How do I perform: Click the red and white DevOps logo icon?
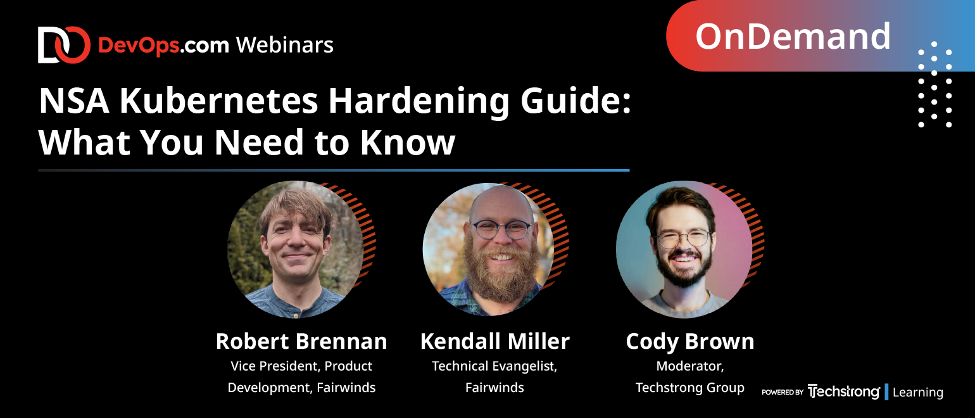[64, 45]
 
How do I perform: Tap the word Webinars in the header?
[285, 45]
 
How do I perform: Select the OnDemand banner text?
[793, 36]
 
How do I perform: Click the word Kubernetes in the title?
[219, 101]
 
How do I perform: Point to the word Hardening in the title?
[418, 102]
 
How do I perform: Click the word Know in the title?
[408, 142]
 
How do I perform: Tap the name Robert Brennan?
[301, 341]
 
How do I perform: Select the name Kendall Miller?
[495, 341]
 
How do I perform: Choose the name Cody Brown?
[690, 342]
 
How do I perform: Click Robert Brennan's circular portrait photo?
[296, 250]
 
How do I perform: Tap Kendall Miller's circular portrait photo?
[488, 250]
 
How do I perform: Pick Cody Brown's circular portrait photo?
[684, 250]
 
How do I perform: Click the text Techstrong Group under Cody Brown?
[690, 388]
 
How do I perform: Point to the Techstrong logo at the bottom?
[843, 392]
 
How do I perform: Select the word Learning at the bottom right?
[918, 392]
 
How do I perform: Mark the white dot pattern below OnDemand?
[934, 84]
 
